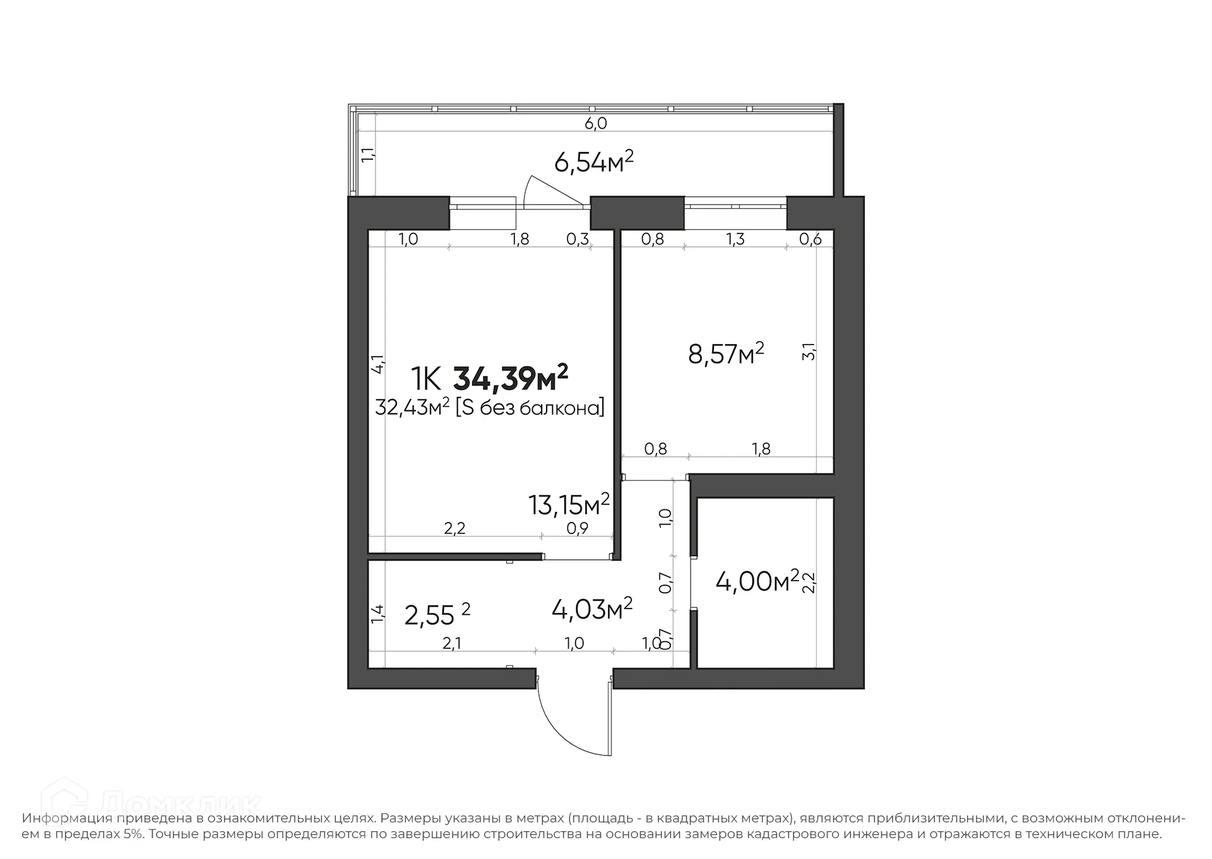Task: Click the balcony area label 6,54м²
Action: (x=593, y=162)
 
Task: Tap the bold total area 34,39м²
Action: (x=511, y=379)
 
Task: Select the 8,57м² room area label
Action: (x=726, y=354)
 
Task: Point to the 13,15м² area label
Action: (x=569, y=505)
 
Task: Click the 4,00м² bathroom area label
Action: (x=757, y=581)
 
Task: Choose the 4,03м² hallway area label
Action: (x=592, y=609)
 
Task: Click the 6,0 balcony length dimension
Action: (x=595, y=124)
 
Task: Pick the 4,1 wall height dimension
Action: (x=377, y=364)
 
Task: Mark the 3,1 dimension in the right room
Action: (x=809, y=352)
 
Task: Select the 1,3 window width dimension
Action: (x=735, y=239)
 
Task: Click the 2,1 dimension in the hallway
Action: (x=451, y=643)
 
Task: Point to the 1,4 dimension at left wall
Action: (x=377, y=614)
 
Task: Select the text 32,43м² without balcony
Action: (x=412, y=408)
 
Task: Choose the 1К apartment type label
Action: (x=425, y=379)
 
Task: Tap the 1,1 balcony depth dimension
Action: (x=367, y=155)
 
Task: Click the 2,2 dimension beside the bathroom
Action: (x=809, y=582)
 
